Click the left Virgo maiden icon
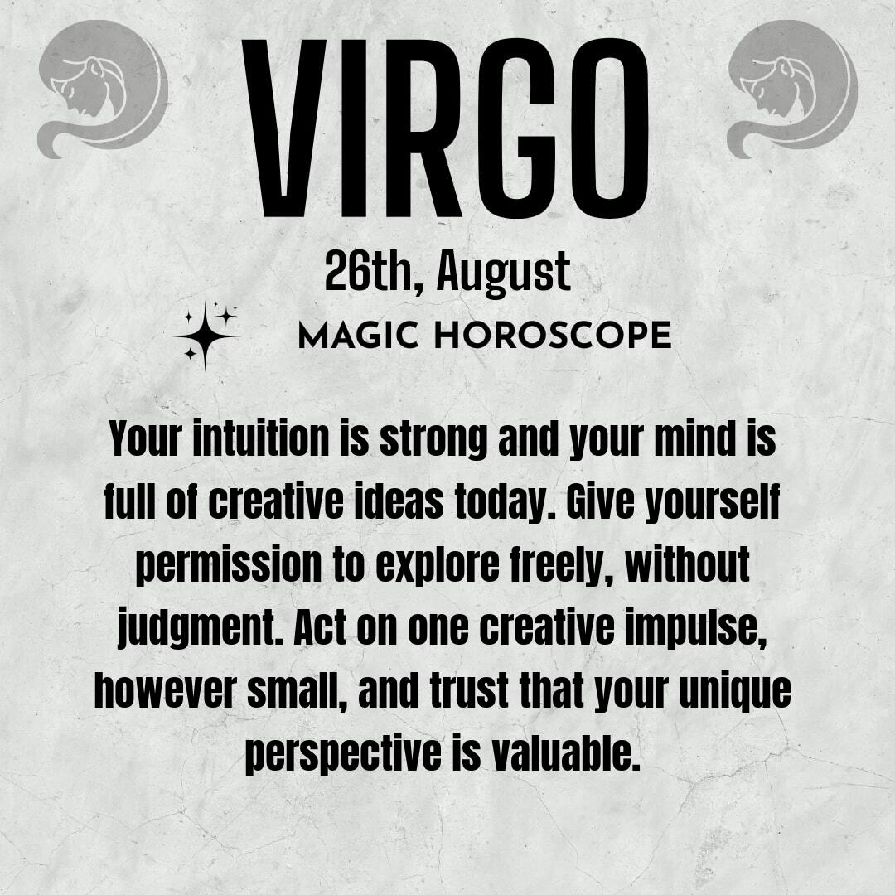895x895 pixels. coord(103,89)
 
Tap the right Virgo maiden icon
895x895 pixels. coord(792,89)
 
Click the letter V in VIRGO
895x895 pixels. coord(283,128)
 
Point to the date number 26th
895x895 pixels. coord(374,273)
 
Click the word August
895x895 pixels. coord(504,274)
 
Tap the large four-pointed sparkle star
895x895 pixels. coord(205,336)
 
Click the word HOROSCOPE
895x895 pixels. coord(553,335)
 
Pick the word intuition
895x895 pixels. coord(261,439)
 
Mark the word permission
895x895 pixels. coord(229,566)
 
